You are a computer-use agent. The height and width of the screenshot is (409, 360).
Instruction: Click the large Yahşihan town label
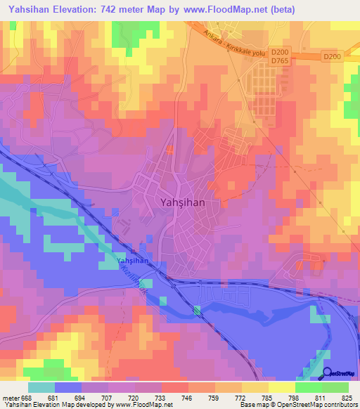[x=179, y=202]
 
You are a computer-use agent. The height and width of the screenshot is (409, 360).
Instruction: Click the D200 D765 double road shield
[x=280, y=56]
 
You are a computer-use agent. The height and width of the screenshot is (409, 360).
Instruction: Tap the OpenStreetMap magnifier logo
[x=327, y=372]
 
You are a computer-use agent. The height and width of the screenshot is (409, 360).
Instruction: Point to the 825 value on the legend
[x=346, y=398]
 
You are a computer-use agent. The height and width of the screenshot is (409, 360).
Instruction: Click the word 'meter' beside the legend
[x=11, y=398]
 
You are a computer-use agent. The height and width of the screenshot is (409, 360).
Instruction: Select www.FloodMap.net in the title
[x=228, y=9]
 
